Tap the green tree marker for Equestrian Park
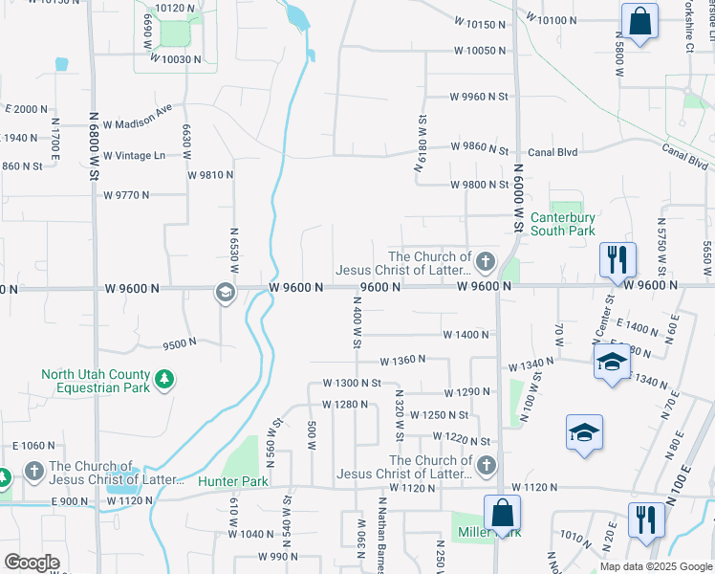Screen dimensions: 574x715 (165, 380)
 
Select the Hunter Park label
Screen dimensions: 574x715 (232, 482)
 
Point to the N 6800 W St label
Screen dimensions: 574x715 (95, 149)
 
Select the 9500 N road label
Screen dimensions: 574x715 (180, 342)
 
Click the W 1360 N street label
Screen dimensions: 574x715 (402, 362)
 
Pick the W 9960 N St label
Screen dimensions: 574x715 (494, 97)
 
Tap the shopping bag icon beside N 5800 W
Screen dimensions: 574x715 (639, 21)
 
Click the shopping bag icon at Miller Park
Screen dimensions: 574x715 (502, 512)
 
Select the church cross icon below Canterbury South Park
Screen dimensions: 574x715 (486, 260)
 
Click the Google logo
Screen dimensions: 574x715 (32, 563)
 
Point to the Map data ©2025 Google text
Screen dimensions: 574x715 (656, 566)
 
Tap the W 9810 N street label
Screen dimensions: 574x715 (210, 175)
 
